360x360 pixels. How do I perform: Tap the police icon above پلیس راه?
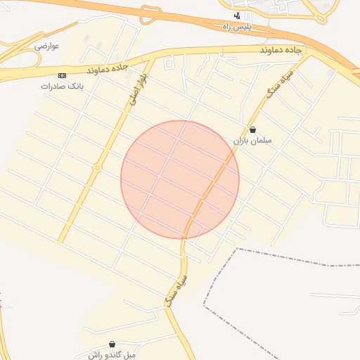237,15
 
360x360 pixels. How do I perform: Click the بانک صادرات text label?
62,86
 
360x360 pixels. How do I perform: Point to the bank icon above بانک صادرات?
62,75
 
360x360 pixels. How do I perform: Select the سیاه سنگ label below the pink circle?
177,290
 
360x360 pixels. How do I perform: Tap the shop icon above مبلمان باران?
252,129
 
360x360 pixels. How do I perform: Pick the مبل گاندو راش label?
111,355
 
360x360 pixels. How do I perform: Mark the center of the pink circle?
180,179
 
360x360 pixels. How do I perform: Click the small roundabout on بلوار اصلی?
97,167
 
